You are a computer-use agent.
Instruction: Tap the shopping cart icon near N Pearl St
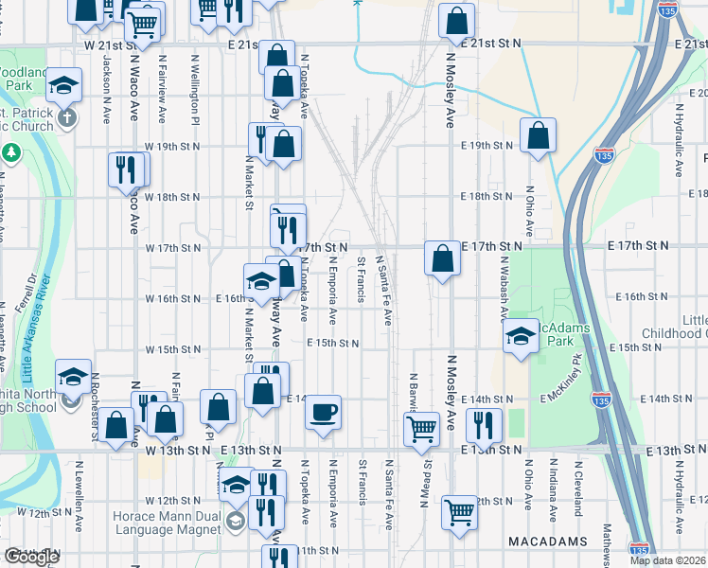coord(421,429)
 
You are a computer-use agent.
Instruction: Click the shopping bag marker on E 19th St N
coord(538,135)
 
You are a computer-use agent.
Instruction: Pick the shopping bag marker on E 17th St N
coord(442,257)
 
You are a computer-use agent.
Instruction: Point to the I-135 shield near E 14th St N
coord(601,401)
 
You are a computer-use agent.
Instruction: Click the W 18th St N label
coord(172,197)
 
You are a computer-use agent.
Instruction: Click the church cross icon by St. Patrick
coord(66,119)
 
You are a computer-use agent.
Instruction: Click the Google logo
coord(32,557)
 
